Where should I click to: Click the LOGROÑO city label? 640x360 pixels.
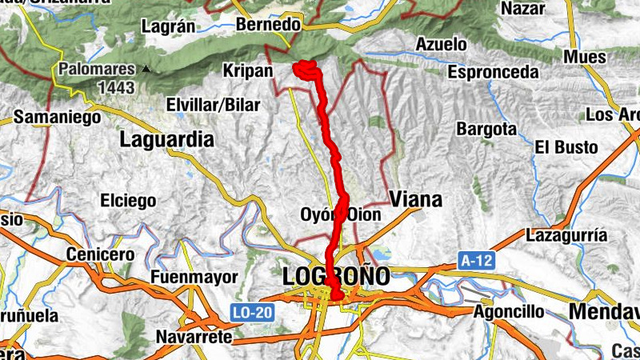pyautogui.click(x=336, y=277)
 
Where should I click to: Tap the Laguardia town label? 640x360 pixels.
pyautogui.click(x=167, y=140)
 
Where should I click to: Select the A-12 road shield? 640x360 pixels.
pyautogui.click(x=476, y=260)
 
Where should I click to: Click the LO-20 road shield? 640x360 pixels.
pyautogui.click(x=254, y=310)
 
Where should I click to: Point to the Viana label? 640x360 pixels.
pyautogui.click(x=414, y=199)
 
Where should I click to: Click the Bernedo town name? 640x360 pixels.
pyautogui.click(x=269, y=26)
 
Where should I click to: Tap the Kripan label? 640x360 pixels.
pyautogui.click(x=249, y=71)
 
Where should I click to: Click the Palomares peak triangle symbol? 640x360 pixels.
pyautogui.click(x=146, y=69)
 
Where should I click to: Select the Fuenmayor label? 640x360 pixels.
pyautogui.click(x=194, y=277)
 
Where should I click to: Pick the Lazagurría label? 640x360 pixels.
pyautogui.click(x=567, y=235)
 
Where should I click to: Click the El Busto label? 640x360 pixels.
pyautogui.click(x=566, y=147)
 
